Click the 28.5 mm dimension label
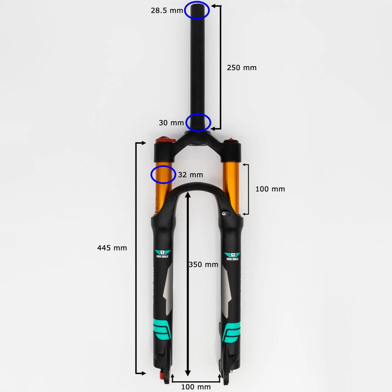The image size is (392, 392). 167,10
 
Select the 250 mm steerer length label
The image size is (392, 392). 242,68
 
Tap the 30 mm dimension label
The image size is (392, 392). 171,123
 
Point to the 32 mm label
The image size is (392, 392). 191,175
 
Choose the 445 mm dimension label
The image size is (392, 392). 112,248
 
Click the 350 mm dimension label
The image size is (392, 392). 203,264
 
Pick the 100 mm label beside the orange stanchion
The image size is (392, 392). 270,189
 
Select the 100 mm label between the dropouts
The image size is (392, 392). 196,387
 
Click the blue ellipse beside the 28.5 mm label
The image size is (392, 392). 197,10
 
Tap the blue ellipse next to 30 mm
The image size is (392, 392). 198,122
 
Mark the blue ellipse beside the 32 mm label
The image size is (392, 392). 163,174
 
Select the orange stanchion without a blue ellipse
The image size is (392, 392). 231,187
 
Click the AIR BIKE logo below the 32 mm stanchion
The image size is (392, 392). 164,254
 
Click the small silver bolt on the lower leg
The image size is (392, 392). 225,213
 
